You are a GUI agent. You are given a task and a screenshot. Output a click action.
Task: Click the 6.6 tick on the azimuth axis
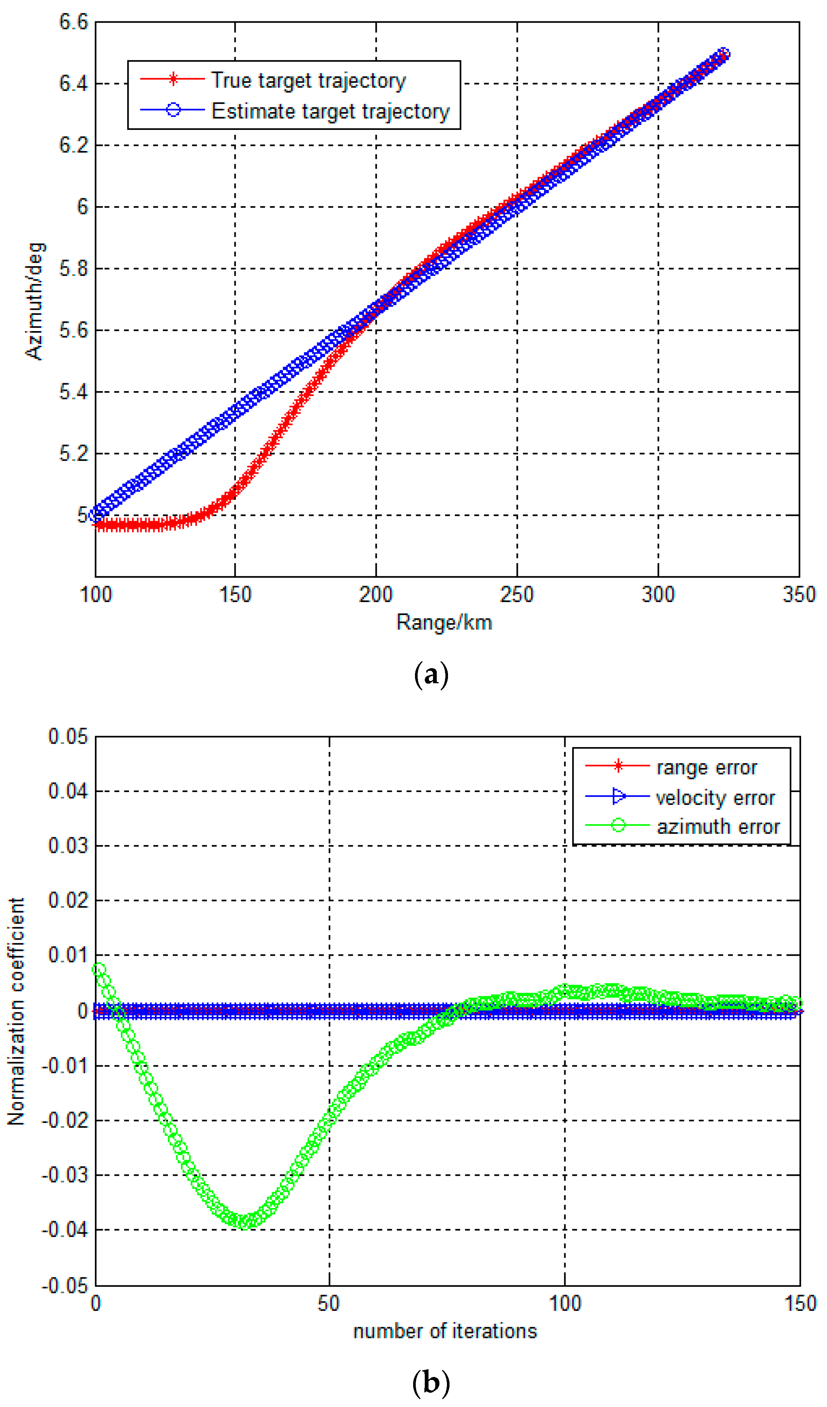point(73,22)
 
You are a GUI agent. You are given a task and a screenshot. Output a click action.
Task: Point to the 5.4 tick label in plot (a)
point(73,392)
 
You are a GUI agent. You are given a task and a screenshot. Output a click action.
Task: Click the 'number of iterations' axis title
point(445,1332)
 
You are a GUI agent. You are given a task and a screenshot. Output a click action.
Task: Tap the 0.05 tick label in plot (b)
point(68,737)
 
